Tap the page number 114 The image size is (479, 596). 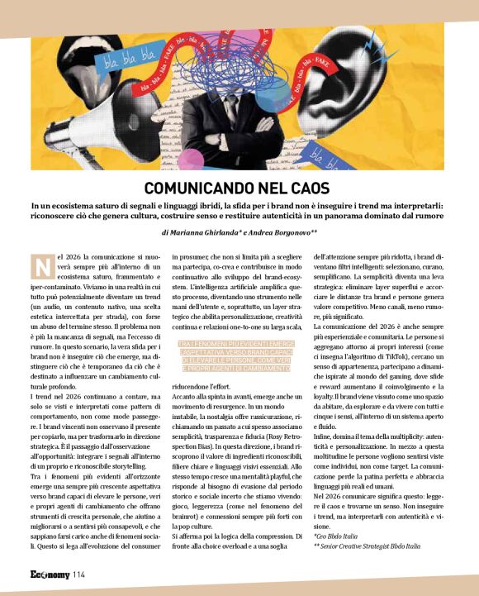point(78,573)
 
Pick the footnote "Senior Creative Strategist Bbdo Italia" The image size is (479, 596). point(367,546)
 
